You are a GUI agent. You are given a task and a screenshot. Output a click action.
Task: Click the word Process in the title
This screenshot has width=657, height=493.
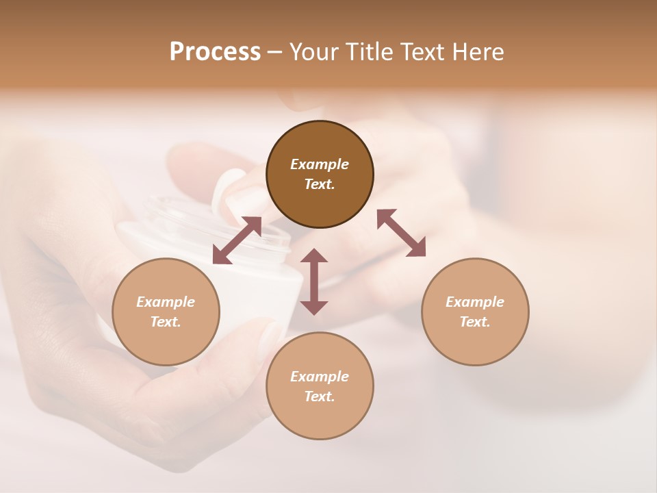click(x=215, y=52)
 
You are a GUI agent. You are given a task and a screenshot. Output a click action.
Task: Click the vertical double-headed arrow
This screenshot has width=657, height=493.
click(x=314, y=281)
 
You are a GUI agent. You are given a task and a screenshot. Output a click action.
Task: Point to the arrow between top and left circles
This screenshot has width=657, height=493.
click(x=237, y=240)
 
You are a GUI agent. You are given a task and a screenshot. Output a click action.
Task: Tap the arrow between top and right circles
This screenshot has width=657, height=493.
click(x=401, y=233)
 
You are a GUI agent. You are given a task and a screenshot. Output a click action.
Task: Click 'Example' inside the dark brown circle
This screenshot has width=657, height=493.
click(x=320, y=164)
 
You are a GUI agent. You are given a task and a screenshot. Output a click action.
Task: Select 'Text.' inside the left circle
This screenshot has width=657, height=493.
click(x=166, y=322)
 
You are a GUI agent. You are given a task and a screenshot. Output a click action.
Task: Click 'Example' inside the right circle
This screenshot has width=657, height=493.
click(x=475, y=302)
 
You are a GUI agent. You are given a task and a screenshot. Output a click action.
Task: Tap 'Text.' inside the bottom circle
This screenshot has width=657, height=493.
click(x=320, y=396)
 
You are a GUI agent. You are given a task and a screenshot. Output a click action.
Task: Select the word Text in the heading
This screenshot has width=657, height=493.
click(x=420, y=52)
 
